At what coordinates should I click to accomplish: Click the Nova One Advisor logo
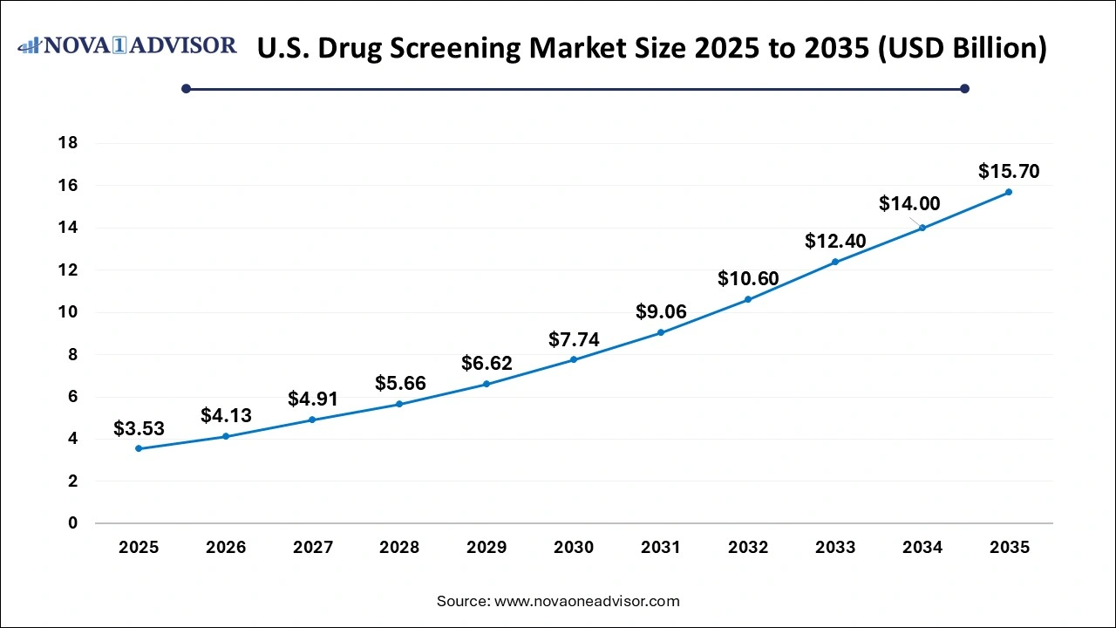(127, 45)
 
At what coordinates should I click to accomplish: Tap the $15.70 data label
(1009, 171)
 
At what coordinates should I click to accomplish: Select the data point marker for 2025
(139, 448)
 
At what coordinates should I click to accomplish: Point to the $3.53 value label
(139, 428)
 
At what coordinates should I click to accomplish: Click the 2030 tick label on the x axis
(574, 548)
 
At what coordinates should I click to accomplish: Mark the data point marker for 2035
(1009, 192)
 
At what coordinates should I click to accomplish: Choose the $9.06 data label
(661, 311)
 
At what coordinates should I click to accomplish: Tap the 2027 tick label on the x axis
(312, 548)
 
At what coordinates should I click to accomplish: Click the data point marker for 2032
(748, 299)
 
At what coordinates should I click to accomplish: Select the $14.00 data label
(909, 203)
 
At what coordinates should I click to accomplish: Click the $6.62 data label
(487, 363)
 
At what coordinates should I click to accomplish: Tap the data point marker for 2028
(399, 404)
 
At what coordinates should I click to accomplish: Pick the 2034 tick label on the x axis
(922, 548)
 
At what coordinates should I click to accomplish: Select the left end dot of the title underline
(186, 88)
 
